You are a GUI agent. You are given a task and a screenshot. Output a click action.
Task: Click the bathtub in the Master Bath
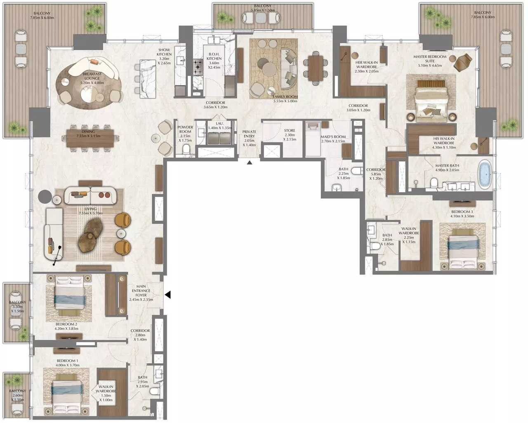point(486,175)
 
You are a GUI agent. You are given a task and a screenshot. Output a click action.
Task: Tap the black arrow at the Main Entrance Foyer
point(168,295)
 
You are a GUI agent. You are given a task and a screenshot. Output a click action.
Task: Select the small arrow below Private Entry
point(249,163)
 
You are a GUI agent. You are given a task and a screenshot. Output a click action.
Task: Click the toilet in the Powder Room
point(186,149)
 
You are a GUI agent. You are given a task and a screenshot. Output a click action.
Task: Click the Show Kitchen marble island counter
point(148,79)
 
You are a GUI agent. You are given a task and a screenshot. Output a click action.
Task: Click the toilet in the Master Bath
point(434,182)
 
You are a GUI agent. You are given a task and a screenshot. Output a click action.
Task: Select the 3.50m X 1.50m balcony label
point(17,307)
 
